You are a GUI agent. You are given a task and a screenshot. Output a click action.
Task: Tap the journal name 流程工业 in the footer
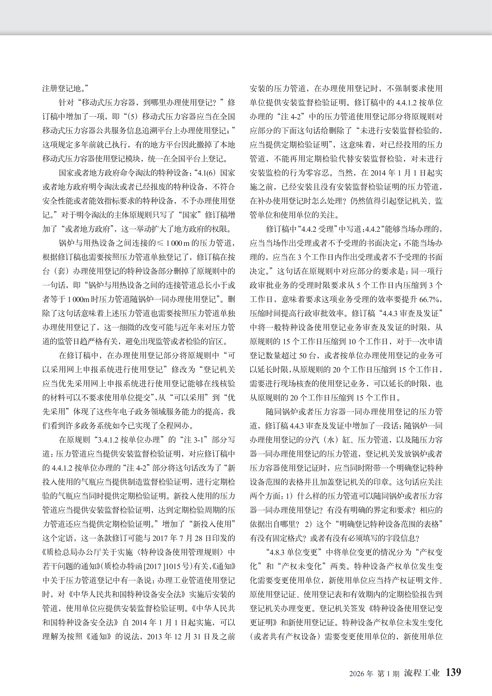click(x=422, y=673)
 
